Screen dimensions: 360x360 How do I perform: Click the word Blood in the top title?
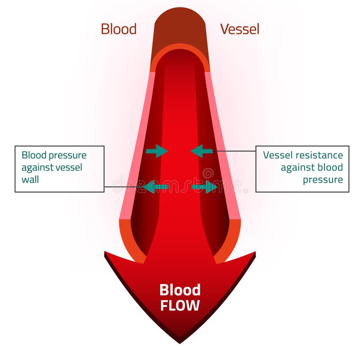click(118, 29)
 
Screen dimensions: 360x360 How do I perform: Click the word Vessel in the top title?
click(239, 29)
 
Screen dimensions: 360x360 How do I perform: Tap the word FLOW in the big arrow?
click(180, 306)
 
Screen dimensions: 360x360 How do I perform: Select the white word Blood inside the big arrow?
click(180, 289)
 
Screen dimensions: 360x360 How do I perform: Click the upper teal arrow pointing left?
click(202, 151)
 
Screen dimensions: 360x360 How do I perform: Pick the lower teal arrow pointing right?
click(205, 186)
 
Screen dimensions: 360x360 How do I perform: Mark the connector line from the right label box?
click(236, 151)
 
